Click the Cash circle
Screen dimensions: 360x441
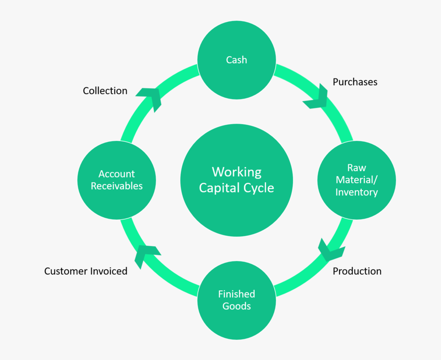[237, 60]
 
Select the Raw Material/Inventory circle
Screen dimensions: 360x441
[357, 180]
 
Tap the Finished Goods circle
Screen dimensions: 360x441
[237, 300]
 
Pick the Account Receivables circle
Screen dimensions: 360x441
[117, 180]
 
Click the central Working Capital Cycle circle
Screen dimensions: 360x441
[237, 180]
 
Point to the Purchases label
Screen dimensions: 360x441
[355, 82]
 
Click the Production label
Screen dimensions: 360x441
[357, 271]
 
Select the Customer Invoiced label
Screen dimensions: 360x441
[86, 271]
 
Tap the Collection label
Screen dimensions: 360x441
[105, 91]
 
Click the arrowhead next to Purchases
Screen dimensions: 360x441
[315, 97]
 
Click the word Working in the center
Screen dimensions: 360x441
[237, 172]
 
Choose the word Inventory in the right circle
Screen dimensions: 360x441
[357, 192]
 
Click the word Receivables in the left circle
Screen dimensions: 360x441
[117, 186]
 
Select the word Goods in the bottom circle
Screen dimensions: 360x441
[237, 306]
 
